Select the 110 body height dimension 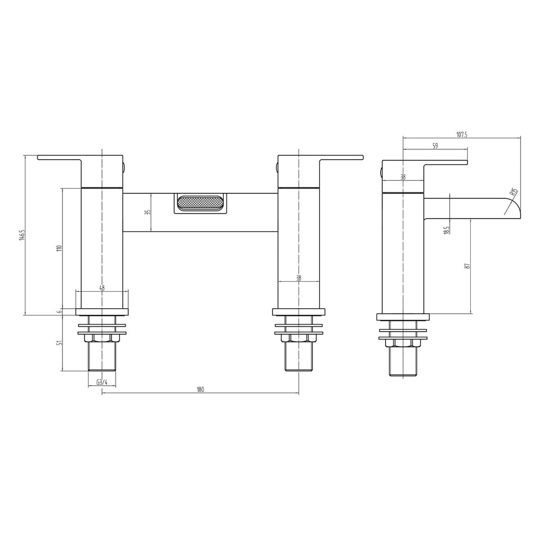pos(59,248)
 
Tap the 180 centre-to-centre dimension pos(200,389)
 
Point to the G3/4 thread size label pos(102,382)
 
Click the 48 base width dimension pos(102,288)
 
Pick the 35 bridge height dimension pos(149,212)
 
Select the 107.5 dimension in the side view pos(462,135)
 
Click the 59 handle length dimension pos(435,146)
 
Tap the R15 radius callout pos(513,192)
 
